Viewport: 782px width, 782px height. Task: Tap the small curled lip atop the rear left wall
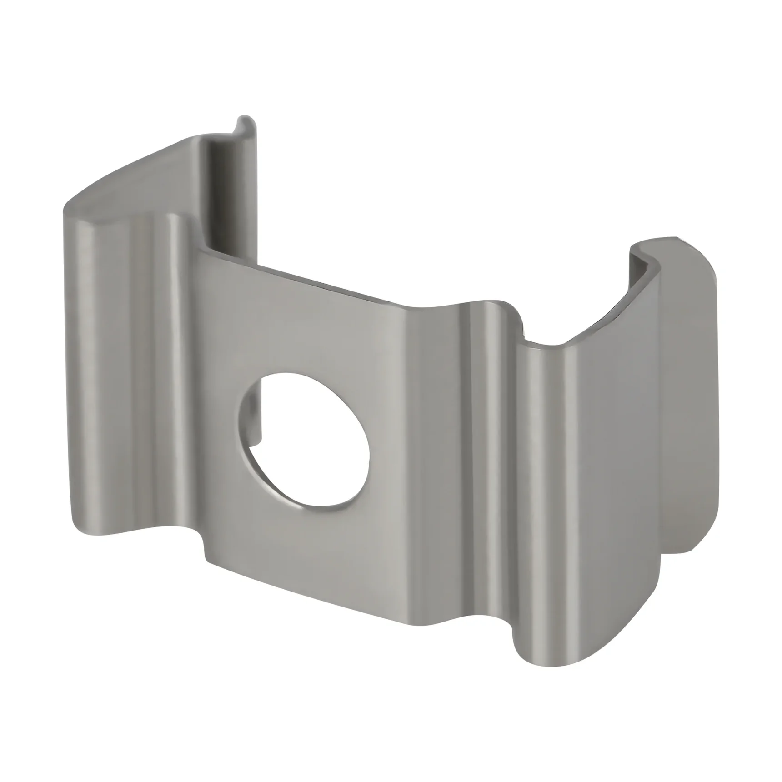(246, 124)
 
